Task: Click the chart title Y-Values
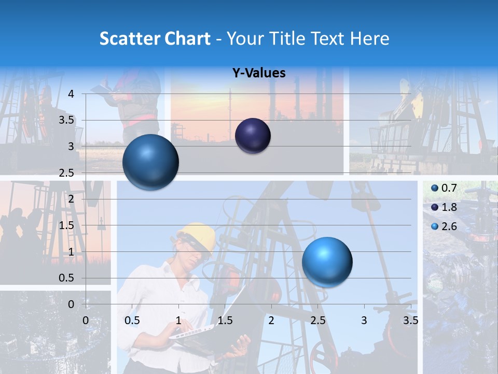258,73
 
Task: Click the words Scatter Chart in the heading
155,38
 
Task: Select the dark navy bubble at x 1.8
253,136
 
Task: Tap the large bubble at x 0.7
150,162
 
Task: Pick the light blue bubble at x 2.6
327,262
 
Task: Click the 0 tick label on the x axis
86,320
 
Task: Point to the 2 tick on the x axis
271,320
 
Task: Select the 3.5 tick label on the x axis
410,320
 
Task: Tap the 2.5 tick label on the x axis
317,320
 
